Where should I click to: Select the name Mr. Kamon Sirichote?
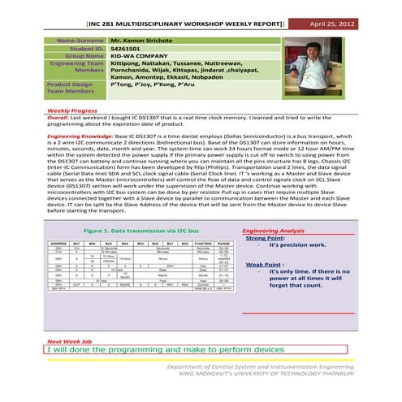pos(149,39)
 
